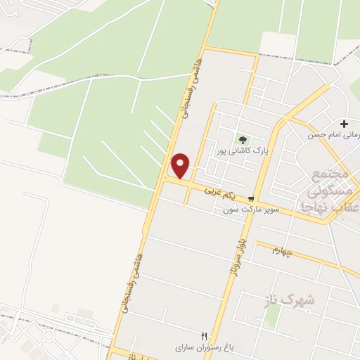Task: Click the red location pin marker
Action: (181, 167)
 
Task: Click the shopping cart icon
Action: (251, 199)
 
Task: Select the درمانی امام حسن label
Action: (335, 134)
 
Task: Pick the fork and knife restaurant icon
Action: (205, 336)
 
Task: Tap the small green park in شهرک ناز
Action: (273, 316)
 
